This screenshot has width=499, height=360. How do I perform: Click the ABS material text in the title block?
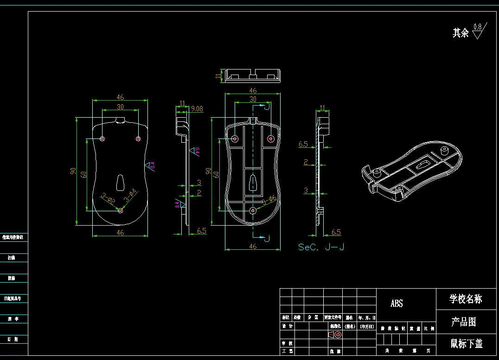pos(397,303)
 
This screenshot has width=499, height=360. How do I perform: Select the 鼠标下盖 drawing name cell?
pos(467,344)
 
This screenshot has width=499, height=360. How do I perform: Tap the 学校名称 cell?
pos(466,299)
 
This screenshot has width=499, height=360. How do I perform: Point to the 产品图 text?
pos(463,322)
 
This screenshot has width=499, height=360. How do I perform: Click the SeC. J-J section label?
pos(321,247)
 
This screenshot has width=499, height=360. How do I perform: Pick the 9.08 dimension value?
pos(197,109)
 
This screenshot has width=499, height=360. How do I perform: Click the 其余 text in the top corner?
pos(461,33)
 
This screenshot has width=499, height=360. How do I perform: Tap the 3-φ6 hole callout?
pos(269,200)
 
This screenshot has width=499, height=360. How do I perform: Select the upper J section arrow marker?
pos(265,106)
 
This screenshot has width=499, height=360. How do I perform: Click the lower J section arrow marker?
pos(265,238)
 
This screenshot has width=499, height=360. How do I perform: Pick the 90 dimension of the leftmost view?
pos(73,171)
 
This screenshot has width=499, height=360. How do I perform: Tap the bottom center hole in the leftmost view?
pos(120,210)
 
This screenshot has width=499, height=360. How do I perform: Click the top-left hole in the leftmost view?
pos(102,139)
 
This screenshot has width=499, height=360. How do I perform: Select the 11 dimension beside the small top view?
pos(218,76)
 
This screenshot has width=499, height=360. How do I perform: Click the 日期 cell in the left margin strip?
pos(14,339)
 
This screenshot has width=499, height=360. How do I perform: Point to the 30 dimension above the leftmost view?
pos(120,107)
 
